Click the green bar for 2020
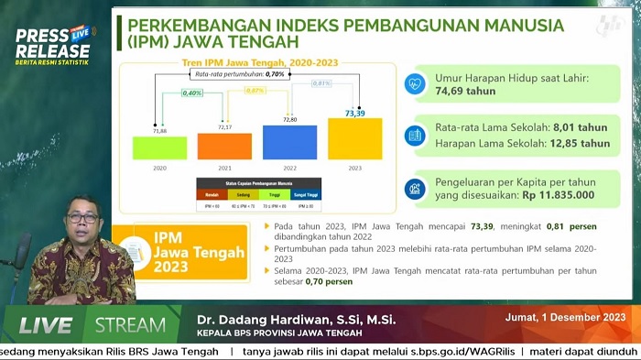[159, 147]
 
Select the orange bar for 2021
[224, 147]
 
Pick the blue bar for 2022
[289, 143]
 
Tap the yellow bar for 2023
[354, 139]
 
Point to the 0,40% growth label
[192, 93]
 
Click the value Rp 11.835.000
[557, 195]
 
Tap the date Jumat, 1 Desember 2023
[565, 319]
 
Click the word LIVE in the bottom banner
[46, 325]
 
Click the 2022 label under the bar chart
[289, 169]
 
